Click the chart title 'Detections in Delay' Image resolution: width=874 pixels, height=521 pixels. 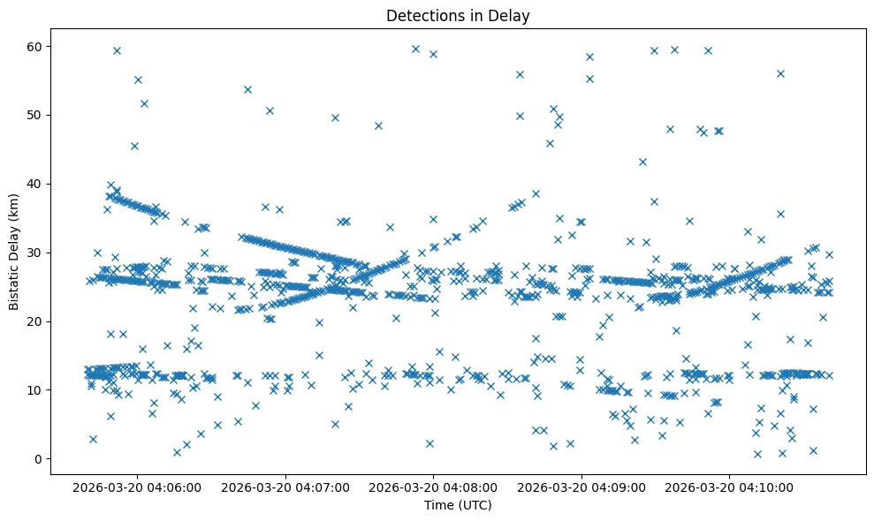(458, 15)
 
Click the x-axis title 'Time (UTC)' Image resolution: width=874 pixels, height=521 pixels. (458, 505)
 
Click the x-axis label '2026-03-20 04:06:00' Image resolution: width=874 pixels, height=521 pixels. (138, 487)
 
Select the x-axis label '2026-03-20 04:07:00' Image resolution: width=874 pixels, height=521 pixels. (286, 487)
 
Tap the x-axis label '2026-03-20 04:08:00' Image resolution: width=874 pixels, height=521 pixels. (434, 487)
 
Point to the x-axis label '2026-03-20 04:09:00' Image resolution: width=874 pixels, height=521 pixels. (582, 487)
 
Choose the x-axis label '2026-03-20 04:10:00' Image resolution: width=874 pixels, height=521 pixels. (730, 487)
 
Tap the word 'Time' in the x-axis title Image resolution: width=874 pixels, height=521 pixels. (440, 505)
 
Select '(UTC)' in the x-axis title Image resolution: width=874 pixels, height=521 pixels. (475, 505)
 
